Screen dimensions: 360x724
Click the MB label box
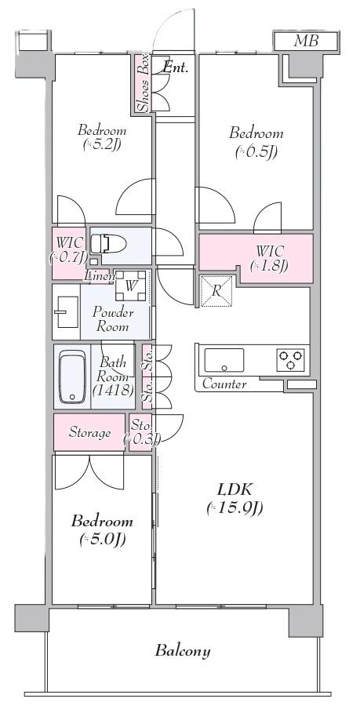click(307, 41)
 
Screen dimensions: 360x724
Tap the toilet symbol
click(108, 243)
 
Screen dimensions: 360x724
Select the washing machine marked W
click(132, 286)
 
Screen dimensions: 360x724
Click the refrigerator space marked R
click(216, 291)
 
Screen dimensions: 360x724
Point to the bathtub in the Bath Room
click(73, 377)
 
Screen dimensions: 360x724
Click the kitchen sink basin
click(224, 360)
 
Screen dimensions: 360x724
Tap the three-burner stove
click(291, 360)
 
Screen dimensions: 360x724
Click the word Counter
click(224, 384)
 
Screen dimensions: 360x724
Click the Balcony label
click(183, 651)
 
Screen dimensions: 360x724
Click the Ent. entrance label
click(176, 68)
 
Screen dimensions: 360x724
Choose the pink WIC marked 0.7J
click(68, 253)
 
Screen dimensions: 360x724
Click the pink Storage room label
click(90, 433)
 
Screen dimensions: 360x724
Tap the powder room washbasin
click(67, 312)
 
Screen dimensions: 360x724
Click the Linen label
click(100, 276)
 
